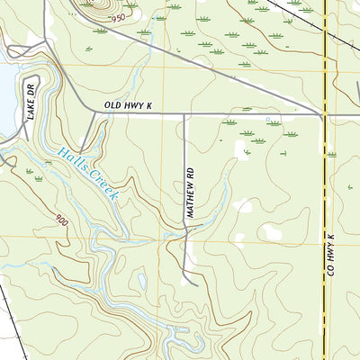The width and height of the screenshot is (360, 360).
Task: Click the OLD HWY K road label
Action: pos(129,106)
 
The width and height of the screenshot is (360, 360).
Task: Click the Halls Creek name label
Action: pos(88,174)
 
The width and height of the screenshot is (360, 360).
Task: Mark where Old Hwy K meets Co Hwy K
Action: pos(323,114)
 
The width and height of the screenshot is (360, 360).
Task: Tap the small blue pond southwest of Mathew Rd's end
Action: pos(141,281)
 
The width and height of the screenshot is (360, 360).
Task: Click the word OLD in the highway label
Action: pos(112,106)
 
